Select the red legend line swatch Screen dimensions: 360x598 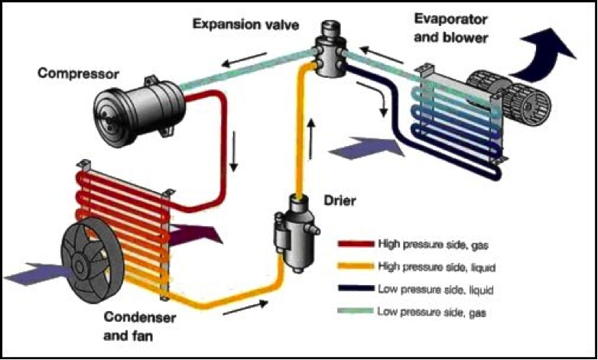(x=356, y=244)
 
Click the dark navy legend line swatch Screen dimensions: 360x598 (x=356, y=290)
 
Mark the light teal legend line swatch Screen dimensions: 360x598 (x=356, y=313)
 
